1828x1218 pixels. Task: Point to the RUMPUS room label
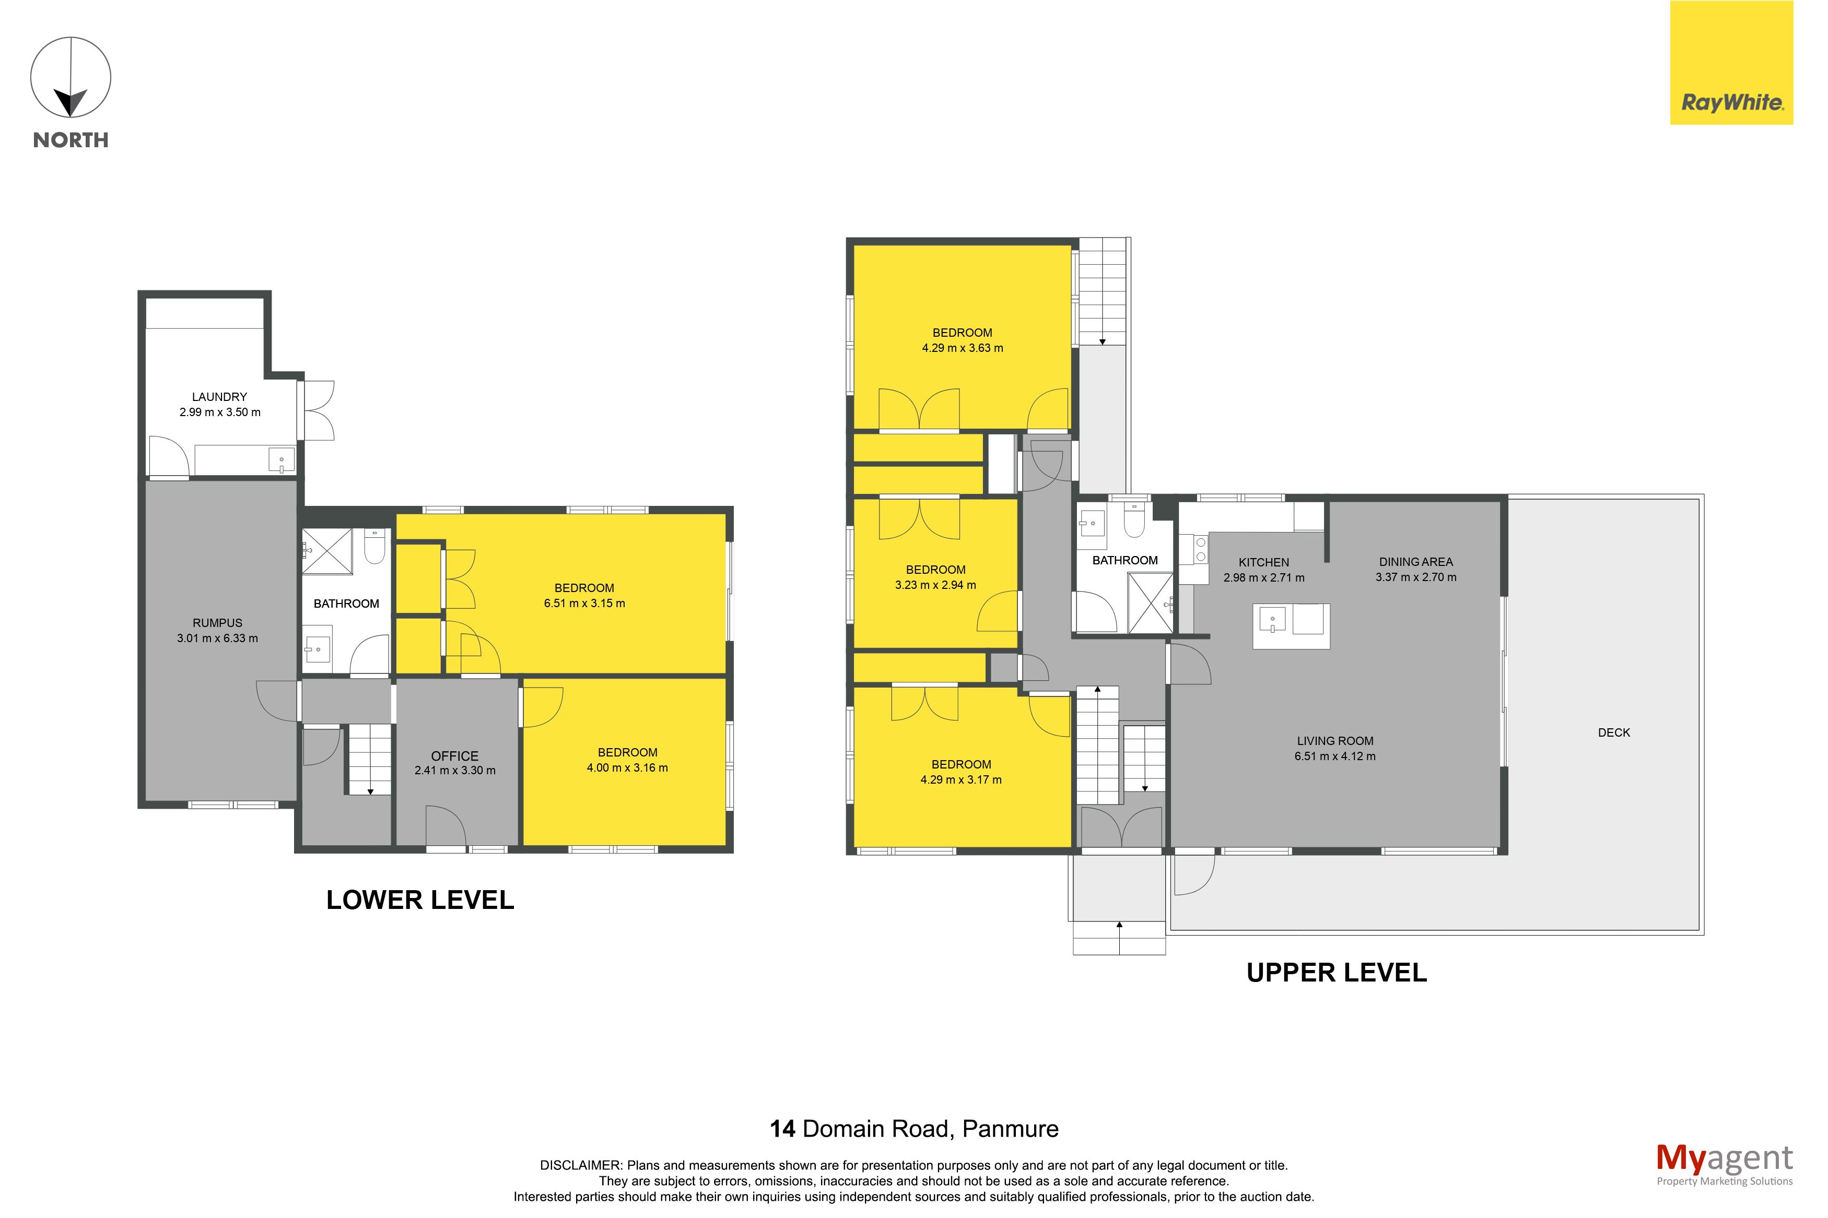point(217,623)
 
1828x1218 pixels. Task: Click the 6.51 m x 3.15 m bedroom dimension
point(584,604)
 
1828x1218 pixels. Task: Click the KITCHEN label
point(1263,562)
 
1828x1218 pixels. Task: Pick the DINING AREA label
point(1415,562)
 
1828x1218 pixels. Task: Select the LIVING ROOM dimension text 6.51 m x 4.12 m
point(1334,756)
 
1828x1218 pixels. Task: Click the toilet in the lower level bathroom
point(374,546)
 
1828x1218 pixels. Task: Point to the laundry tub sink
point(281,460)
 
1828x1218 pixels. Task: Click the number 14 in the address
point(782,1129)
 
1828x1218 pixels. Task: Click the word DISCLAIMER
point(580,1165)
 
